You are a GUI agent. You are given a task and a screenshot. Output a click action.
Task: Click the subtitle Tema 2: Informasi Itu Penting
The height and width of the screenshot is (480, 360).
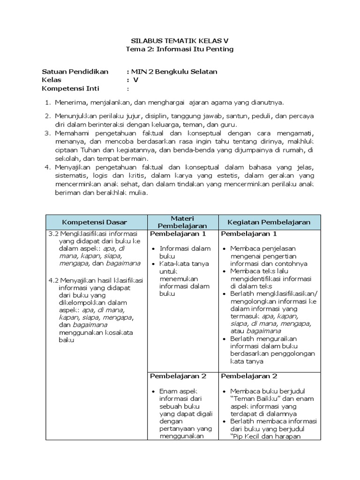tap(180, 49)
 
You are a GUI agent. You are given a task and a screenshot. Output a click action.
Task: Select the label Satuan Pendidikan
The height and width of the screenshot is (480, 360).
tap(75, 72)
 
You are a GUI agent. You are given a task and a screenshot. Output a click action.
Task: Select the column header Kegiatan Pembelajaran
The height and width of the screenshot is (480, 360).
tap(269, 222)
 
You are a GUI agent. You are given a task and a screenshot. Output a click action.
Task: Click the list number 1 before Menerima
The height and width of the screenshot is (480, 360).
tap(47, 102)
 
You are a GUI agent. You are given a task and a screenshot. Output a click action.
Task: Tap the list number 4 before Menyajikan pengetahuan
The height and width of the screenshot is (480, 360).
tap(47, 167)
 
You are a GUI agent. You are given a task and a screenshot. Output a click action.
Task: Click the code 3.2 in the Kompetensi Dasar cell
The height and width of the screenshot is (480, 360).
tap(53, 234)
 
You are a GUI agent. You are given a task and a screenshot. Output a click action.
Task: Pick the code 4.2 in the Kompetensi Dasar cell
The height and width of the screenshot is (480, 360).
tap(53, 281)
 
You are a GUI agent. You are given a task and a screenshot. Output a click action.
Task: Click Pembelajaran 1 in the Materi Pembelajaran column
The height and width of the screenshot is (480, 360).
tap(178, 234)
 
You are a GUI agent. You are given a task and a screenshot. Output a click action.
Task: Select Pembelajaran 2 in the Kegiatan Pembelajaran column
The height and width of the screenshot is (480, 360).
tap(249, 376)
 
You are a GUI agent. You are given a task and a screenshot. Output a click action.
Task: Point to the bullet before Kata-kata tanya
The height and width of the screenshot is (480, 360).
tap(154, 264)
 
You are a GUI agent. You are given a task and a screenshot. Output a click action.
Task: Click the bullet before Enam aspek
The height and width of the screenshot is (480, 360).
tap(154, 391)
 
